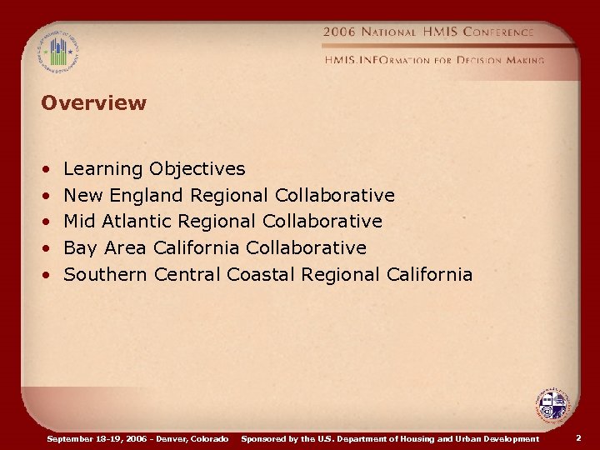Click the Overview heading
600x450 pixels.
[93, 103]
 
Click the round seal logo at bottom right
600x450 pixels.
[552, 407]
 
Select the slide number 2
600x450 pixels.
[579, 437]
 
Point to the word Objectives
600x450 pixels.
[197, 169]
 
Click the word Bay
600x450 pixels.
[79, 248]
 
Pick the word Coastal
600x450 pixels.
[262, 275]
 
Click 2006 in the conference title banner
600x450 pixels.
[339, 32]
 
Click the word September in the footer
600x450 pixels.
[70, 438]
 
